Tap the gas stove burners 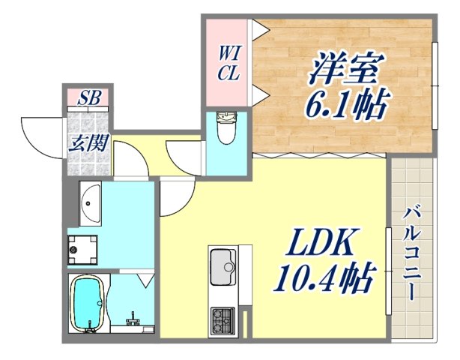[x=222, y=321]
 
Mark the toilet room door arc [x=184, y=156]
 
